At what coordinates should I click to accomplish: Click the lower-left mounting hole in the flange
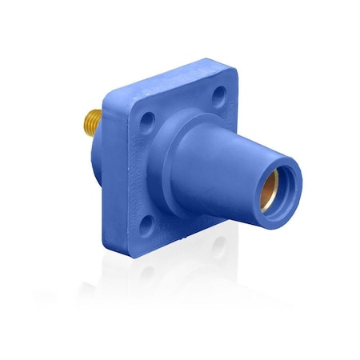(143, 201)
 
